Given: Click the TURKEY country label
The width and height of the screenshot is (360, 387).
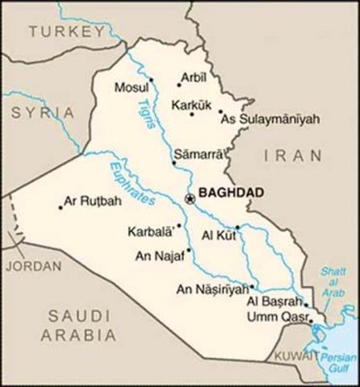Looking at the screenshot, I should pos(65,32).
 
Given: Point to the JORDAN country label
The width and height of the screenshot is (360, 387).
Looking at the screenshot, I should pos(32,264).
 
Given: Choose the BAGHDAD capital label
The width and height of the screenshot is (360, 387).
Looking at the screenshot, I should pos(229,195).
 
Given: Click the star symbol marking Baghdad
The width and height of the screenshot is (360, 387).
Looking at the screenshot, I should pos(190,198).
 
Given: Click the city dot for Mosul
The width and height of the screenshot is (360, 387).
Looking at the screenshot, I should pos(151,79).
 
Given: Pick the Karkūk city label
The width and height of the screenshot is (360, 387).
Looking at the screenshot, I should pos(190,104).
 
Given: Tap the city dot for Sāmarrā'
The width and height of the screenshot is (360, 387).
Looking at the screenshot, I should pos(174,162).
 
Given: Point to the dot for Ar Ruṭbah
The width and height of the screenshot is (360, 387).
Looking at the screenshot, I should pos(60,206).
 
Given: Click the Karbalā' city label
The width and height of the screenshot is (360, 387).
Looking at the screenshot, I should pos(150,231).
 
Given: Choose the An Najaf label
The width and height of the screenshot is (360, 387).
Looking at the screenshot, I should pos(158,256).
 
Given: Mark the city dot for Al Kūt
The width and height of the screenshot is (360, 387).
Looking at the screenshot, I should pos(237,227).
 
